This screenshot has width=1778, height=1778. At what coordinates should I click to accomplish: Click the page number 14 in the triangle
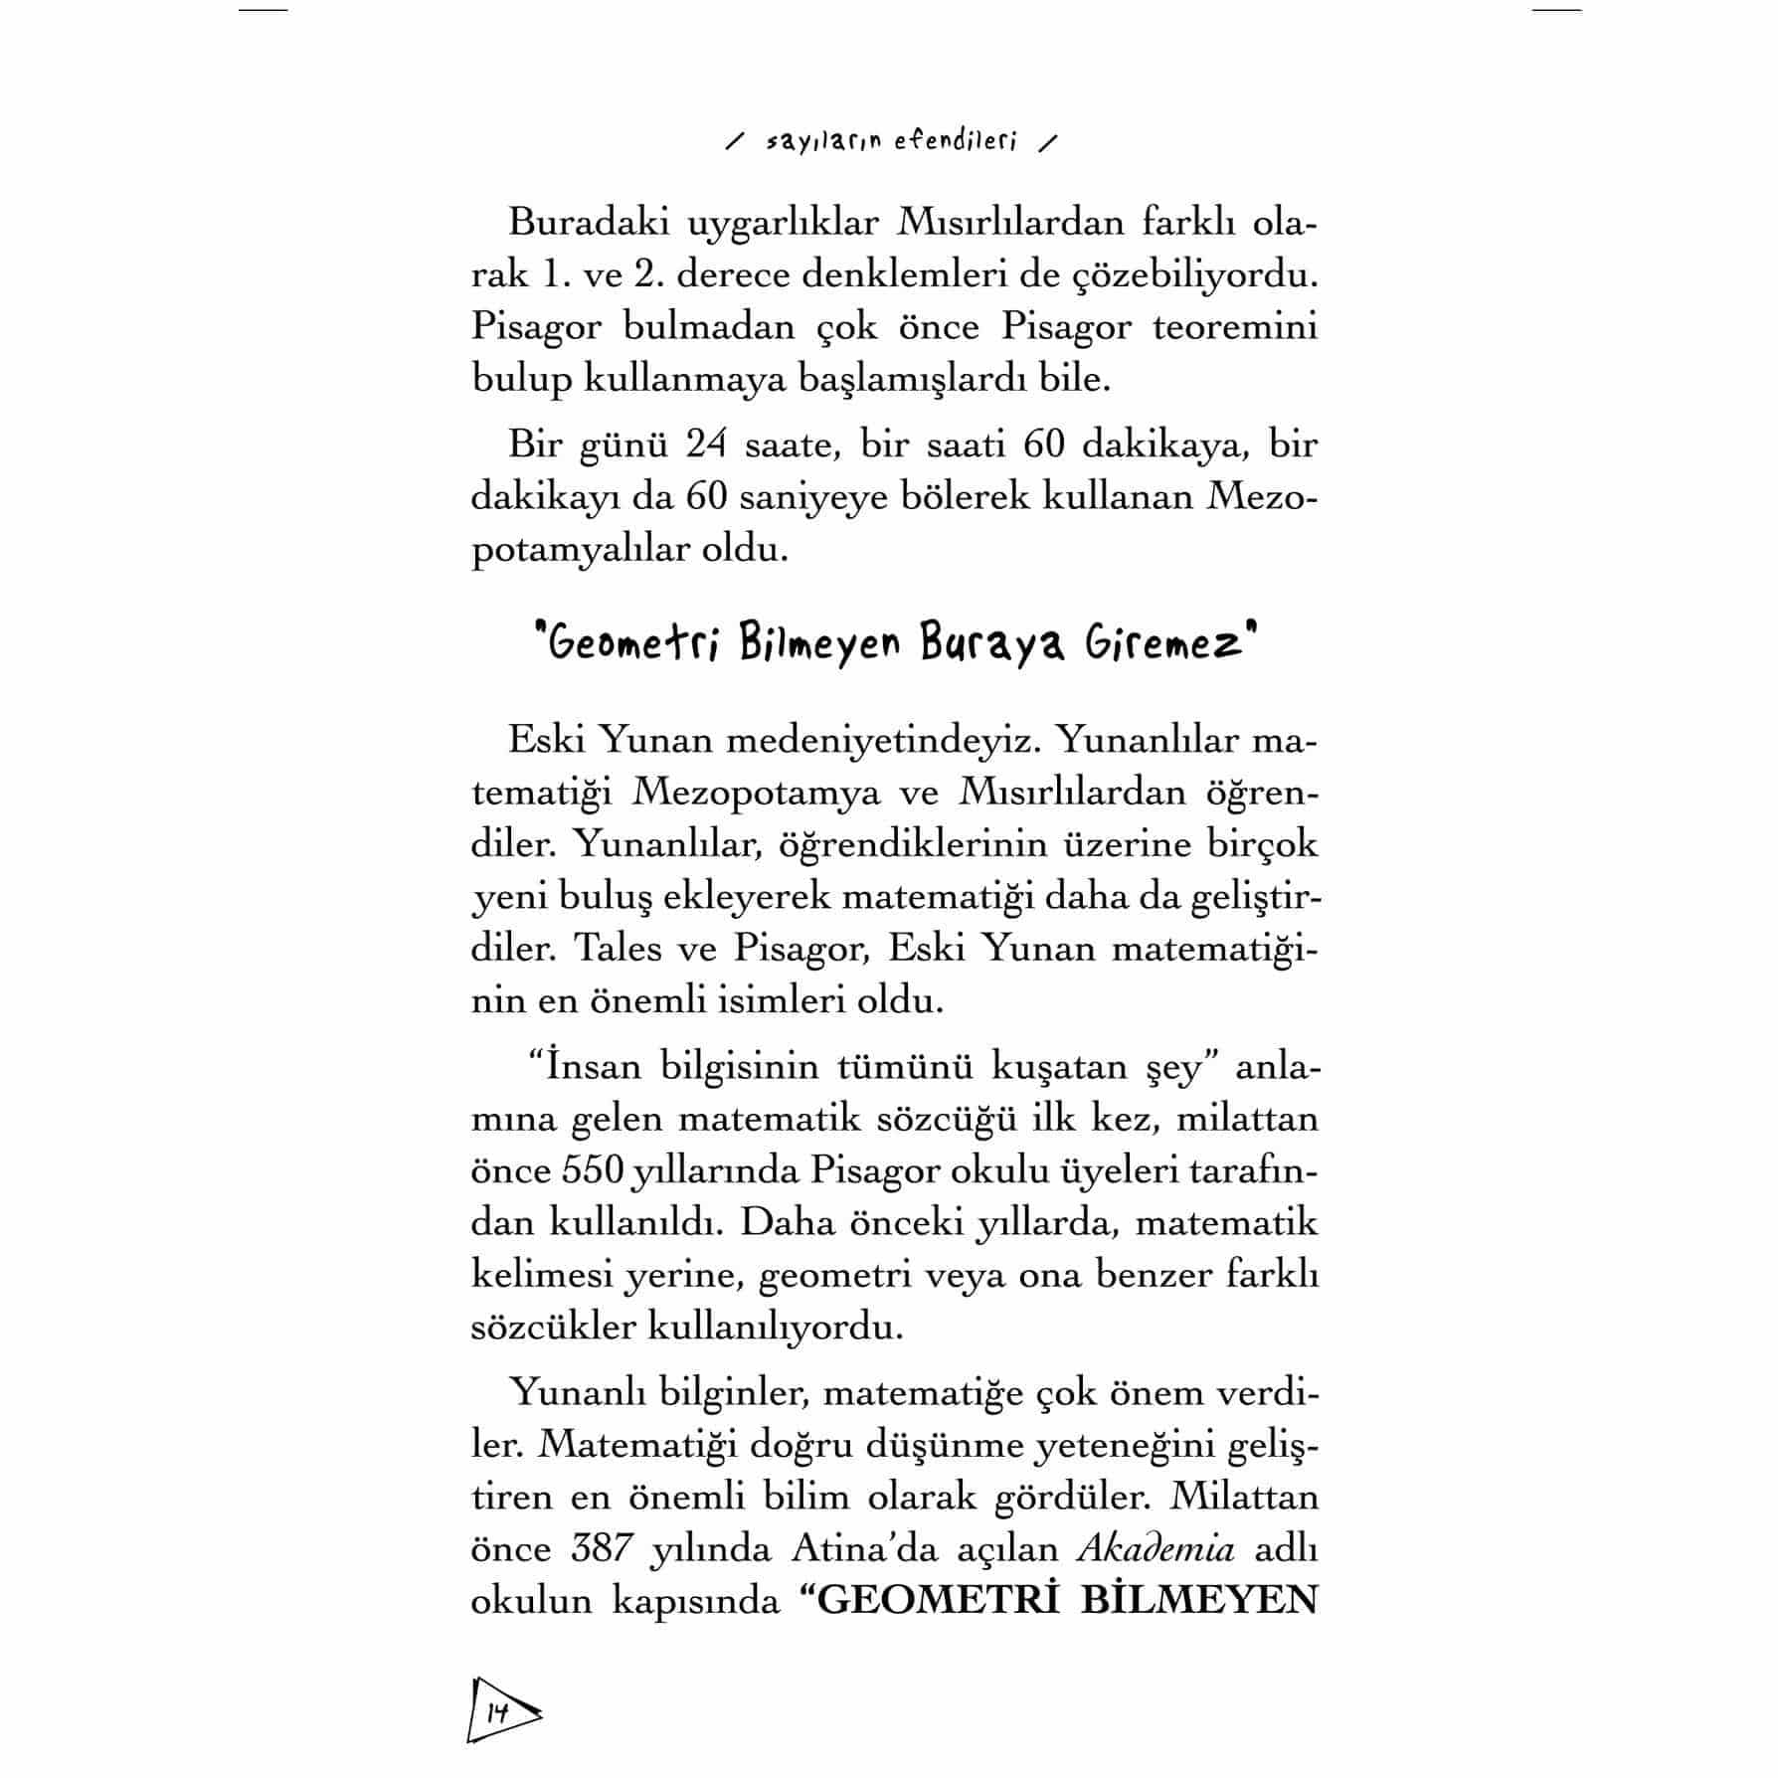tap(497, 1713)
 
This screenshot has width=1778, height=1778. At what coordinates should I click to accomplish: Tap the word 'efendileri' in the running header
tap(956, 142)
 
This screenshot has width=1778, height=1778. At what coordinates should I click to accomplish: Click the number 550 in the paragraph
tap(594, 1170)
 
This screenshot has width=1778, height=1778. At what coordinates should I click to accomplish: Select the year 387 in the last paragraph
tap(603, 1548)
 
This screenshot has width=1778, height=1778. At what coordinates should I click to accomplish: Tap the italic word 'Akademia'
tap(1156, 1548)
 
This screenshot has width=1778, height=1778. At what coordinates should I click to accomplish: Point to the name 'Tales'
tap(613, 948)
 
